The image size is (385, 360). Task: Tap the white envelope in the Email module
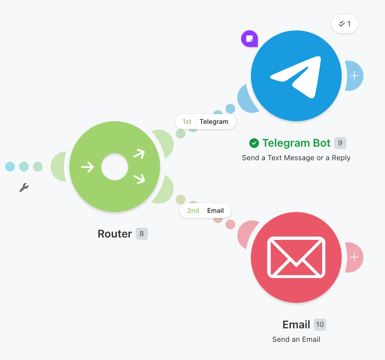(296, 258)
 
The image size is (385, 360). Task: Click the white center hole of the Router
(115, 166)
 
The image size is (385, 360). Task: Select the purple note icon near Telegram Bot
(250, 39)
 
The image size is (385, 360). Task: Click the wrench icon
(24, 187)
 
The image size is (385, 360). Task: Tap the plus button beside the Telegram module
(354, 75)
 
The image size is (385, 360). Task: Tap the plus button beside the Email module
(354, 258)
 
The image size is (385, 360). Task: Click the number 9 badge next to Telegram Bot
(340, 143)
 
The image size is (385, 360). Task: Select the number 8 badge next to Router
(142, 233)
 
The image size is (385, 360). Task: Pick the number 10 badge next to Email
(320, 325)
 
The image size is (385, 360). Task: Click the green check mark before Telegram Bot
(254, 143)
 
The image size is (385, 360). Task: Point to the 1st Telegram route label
(205, 122)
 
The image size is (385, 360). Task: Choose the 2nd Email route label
(205, 211)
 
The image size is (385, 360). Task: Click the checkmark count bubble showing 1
(345, 24)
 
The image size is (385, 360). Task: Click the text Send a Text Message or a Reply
(296, 158)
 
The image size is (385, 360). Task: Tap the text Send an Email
(296, 340)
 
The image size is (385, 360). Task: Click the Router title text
(115, 234)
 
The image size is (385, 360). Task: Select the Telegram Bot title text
(297, 143)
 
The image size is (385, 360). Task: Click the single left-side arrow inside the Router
(88, 167)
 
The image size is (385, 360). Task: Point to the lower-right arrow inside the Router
(139, 178)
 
